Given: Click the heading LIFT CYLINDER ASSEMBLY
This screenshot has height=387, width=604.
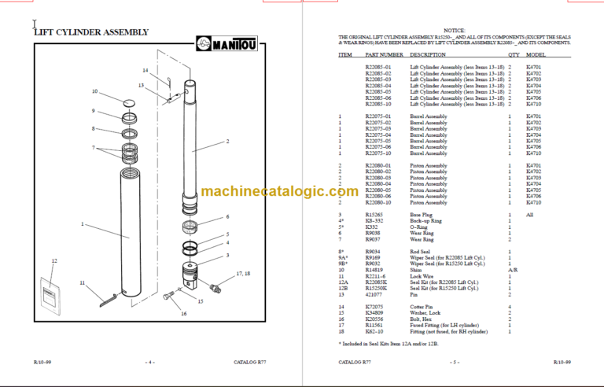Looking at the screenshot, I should pos(91,32).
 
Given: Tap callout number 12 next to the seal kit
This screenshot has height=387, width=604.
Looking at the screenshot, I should pos(54,260).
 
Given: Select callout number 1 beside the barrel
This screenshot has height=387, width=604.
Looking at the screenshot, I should pos(82,224).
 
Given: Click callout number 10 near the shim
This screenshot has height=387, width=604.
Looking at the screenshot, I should pos(95,92).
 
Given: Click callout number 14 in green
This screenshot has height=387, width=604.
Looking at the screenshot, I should pos(145,71).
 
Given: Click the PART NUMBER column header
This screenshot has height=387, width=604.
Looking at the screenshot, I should pos(385,55).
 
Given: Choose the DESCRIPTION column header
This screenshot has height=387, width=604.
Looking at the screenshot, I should pos(429,55).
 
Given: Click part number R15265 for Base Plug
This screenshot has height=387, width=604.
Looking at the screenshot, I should pos(376,215).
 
